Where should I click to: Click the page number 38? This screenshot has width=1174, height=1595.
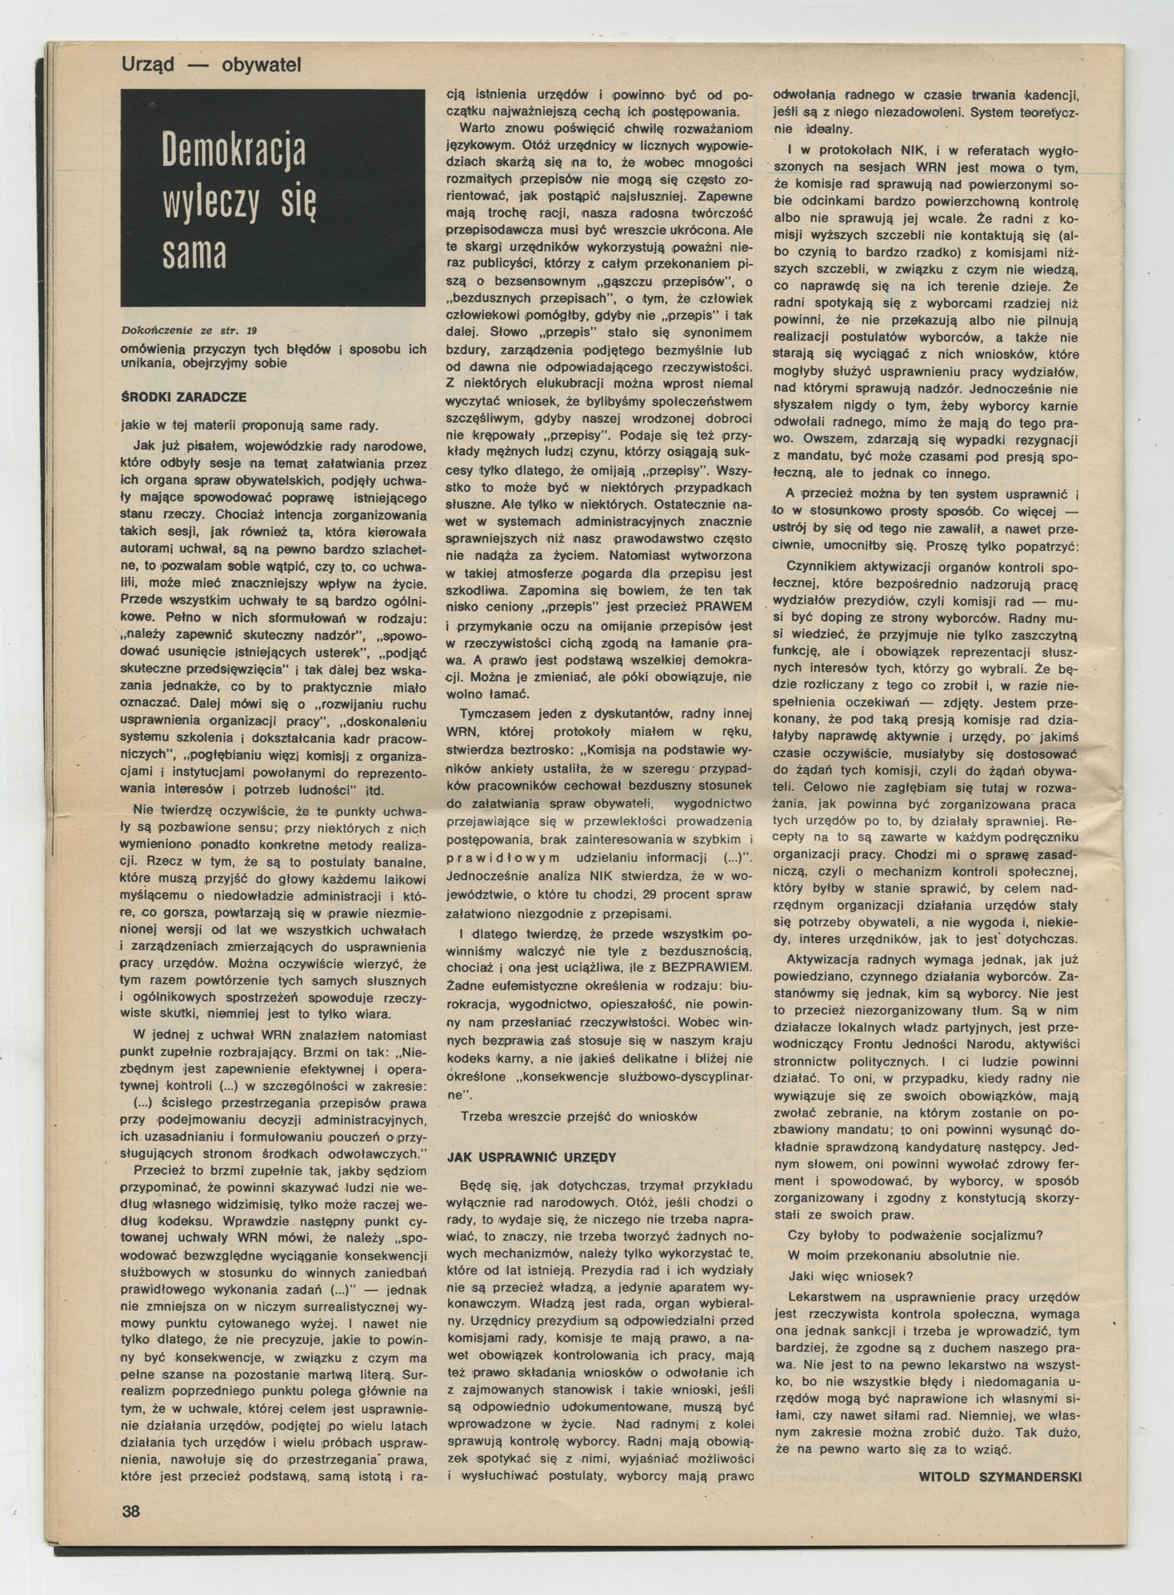(x=131, y=1510)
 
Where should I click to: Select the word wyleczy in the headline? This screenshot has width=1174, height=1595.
(x=209, y=202)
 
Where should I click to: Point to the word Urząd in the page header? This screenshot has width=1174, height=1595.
(x=148, y=64)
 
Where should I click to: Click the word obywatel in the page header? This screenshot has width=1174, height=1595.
(x=262, y=64)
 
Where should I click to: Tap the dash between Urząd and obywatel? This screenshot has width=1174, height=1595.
(x=198, y=64)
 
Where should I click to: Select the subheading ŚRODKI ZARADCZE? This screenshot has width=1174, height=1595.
(x=183, y=398)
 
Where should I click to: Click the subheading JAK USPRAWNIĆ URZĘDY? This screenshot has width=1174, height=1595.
(x=531, y=1156)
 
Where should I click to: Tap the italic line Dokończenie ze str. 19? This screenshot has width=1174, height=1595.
(x=189, y=331)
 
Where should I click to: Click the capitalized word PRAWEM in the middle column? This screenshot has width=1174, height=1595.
(x=723, y=606)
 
